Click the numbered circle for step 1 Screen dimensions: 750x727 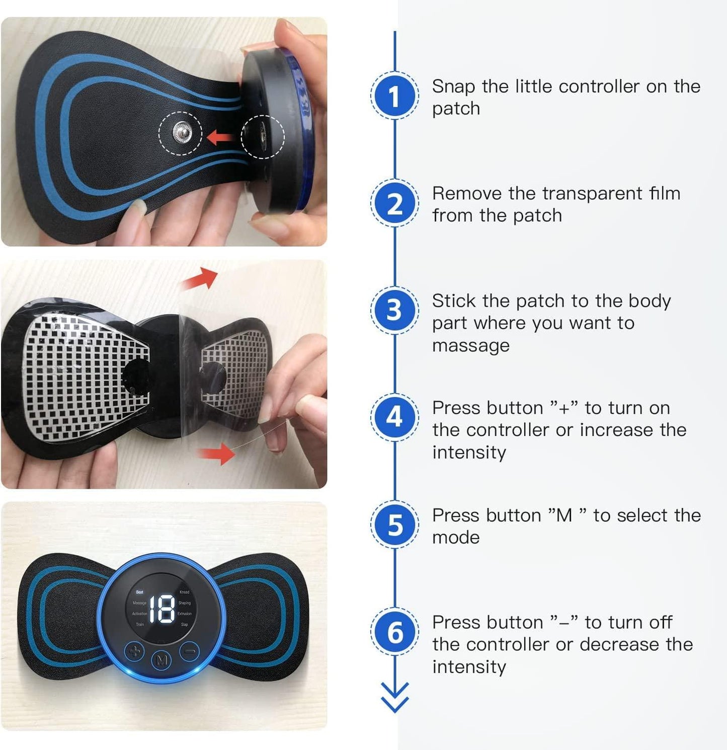395,96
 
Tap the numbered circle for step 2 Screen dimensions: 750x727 395,204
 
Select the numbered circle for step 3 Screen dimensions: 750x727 395,311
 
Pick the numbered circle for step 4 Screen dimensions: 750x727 395,418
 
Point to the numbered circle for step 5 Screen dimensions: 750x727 395,524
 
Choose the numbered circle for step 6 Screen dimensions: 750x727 395,632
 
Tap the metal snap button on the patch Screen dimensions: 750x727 181,133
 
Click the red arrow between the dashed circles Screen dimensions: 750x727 220,136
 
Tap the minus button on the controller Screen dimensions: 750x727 189,652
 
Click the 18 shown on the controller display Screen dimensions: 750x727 162,609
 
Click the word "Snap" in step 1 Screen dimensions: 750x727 453,87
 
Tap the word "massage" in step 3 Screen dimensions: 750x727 470,346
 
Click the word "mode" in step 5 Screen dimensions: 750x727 456,538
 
